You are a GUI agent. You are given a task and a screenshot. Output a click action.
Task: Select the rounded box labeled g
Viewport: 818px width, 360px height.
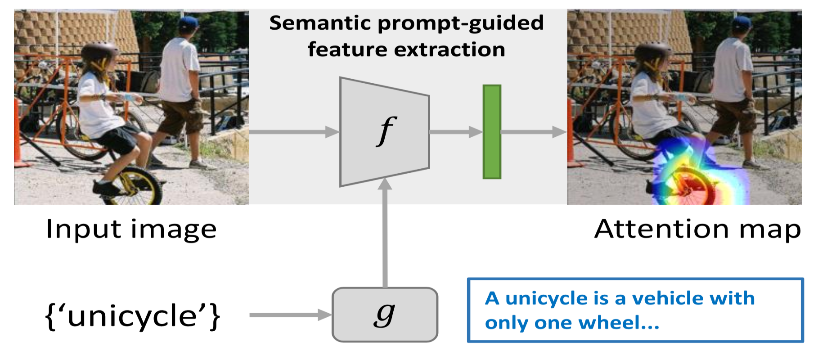[x=385, y=315]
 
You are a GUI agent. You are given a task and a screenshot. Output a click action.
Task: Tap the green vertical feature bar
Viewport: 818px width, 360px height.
[x=492, y=132]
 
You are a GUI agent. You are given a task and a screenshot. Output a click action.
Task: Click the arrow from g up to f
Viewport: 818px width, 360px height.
[x=385, y=234]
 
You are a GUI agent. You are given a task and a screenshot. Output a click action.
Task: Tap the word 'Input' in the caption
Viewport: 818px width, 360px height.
[x=84, y=229]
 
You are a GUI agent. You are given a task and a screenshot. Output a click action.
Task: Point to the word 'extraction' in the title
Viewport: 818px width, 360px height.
[x=449, y=49]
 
